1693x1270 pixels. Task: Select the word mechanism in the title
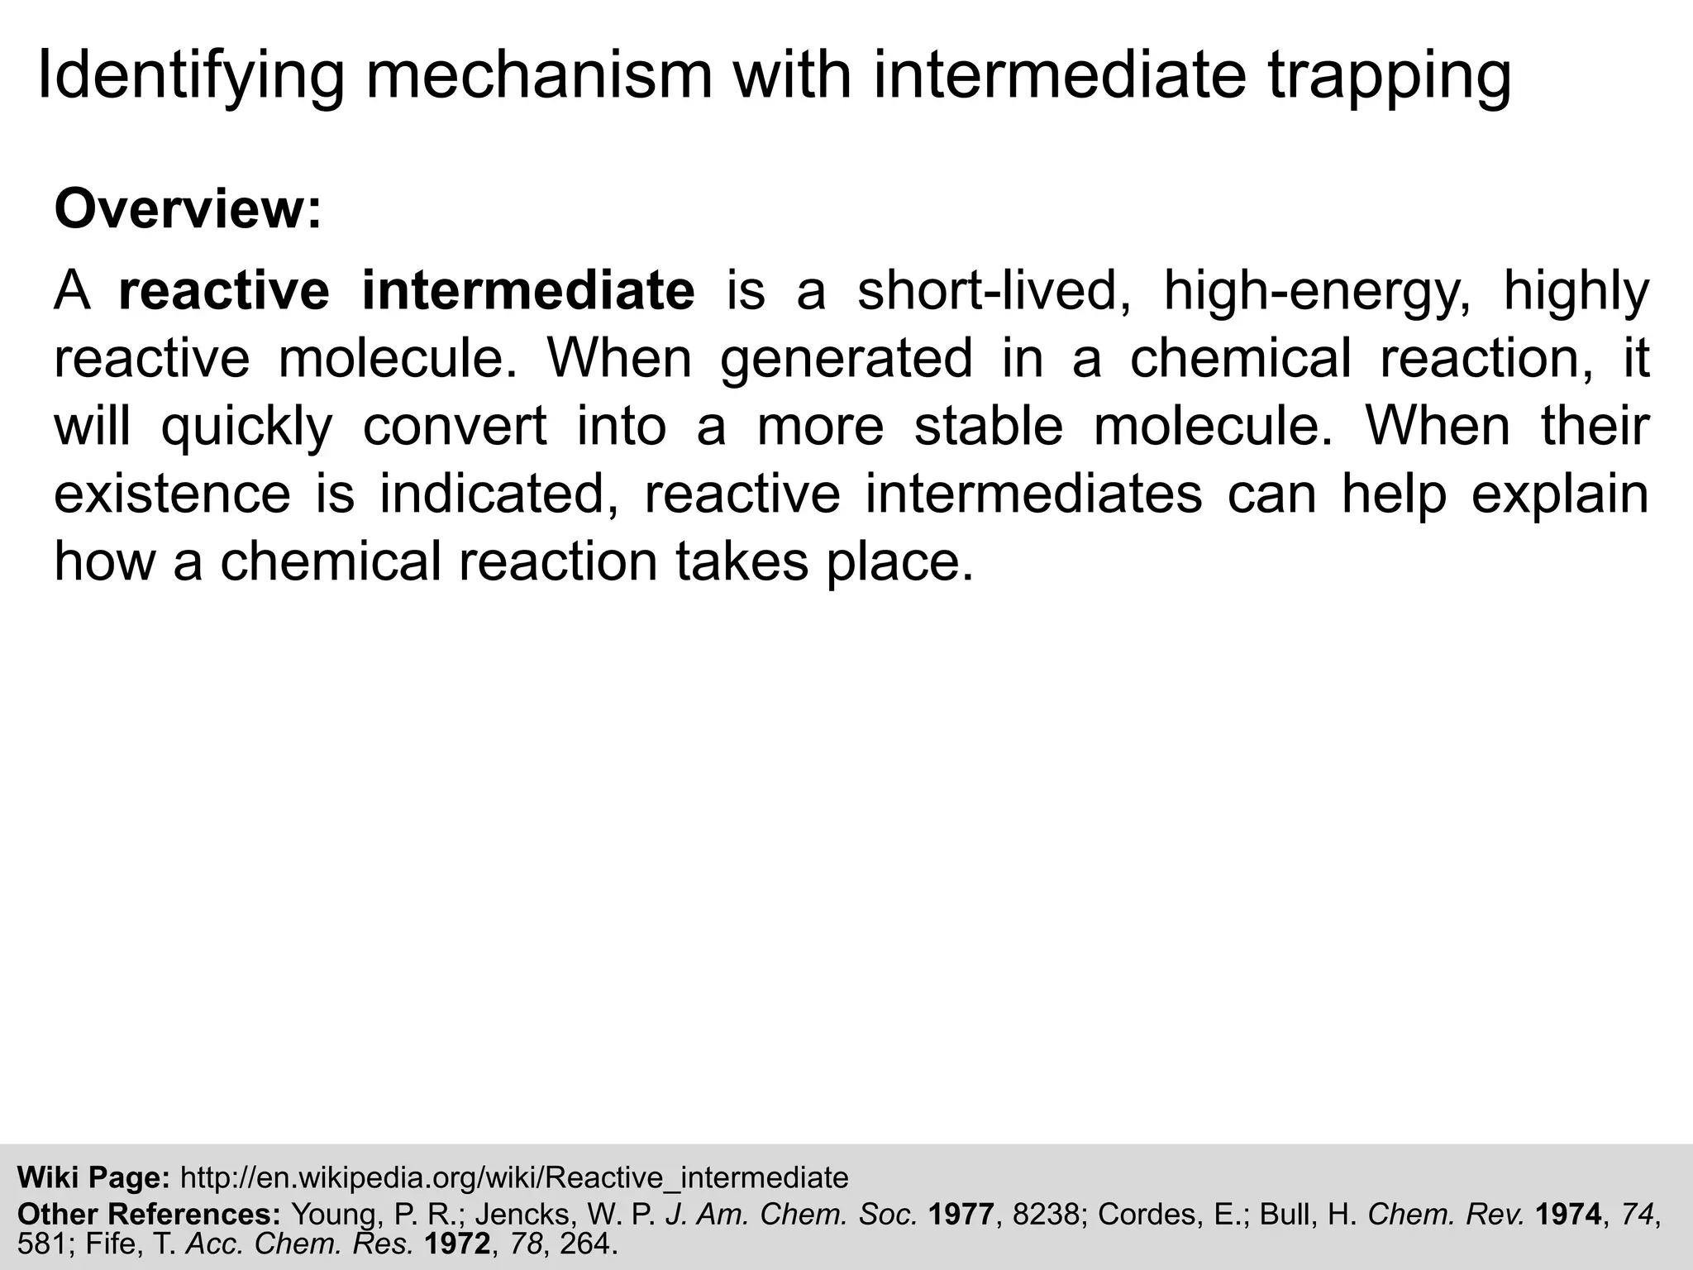(538, 75)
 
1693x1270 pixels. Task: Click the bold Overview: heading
(188, 210)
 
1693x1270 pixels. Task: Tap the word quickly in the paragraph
(246, 427)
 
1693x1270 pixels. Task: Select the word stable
(989, 427)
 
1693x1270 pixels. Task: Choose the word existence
(173, 494)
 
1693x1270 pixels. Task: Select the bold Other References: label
(150, 1214)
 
